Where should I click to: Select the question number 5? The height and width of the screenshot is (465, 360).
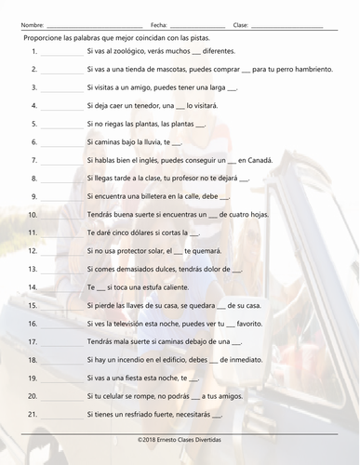pos(33,124)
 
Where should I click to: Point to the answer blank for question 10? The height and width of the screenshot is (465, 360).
pos(62,215)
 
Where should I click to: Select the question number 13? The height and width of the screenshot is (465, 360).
pos(32,268)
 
